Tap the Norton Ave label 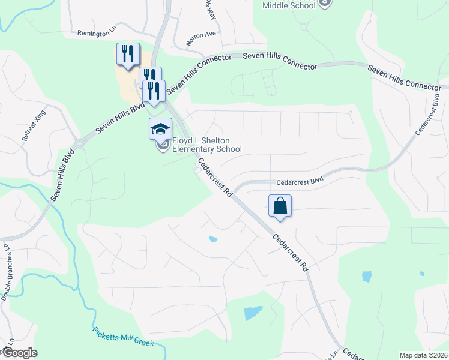(x=201, y=38)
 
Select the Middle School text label (x=289, y=6)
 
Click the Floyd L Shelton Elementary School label (x=207, y=145)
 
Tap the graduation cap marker (x=161, y=128)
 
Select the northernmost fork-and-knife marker (x=128, y=53)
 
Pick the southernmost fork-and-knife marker (x=154, y=91)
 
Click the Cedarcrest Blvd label (x=300, y=182)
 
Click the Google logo (x=19, y=353)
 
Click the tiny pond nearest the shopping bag (x=212, y=239)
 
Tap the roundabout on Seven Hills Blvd (x=79, y=143)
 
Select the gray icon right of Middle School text (x=325, y=4)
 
